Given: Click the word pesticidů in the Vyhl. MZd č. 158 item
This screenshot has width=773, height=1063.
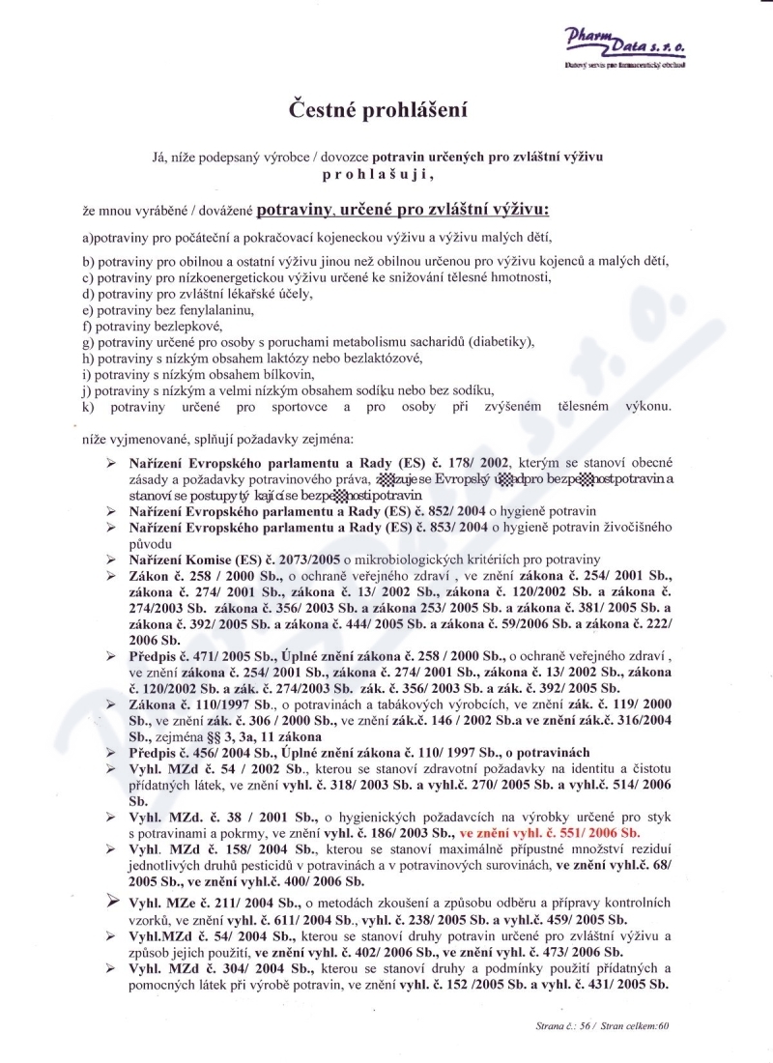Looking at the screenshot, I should click(275, 864).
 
